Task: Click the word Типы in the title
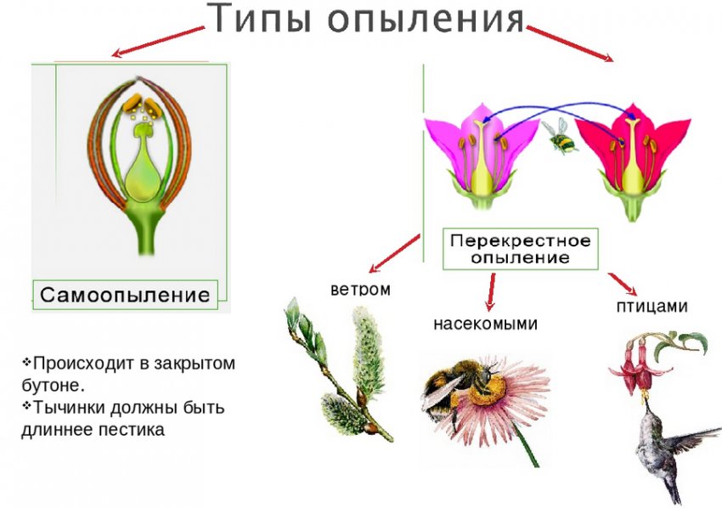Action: [251, 19]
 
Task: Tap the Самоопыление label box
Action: [125, 295]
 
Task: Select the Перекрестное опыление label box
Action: [521, 247]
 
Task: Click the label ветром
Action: [360, 289]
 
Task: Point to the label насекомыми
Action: [485, 324]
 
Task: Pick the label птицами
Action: [651, 306]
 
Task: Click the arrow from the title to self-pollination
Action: [158, 42]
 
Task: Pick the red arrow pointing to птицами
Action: [623, 284]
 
